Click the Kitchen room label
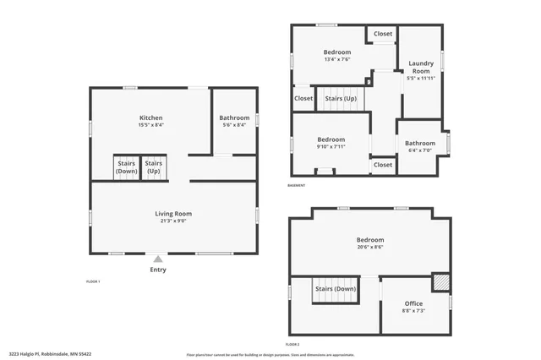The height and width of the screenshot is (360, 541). point(150,117)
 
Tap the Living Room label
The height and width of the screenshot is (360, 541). point(172,214)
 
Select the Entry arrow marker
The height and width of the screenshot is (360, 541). point(158,259)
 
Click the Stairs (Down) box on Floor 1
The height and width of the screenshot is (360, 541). point(127,166)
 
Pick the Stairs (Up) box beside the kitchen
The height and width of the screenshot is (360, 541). point(153,166)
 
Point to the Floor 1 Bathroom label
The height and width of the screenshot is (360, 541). point(234,117)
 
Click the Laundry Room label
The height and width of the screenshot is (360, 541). point(420,68)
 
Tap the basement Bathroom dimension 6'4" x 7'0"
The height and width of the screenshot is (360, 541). point(421,151)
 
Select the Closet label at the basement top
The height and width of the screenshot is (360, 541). point(383,34)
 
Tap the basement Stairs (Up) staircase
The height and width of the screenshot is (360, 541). point(341,98)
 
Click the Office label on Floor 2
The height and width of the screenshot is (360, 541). point(413,303)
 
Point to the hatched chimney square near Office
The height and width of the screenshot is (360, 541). point(440,282)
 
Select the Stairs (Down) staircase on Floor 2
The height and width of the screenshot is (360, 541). point(336,289)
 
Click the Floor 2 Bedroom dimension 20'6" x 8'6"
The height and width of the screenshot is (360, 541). point(369,248)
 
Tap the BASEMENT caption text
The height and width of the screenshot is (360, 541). point(296,185)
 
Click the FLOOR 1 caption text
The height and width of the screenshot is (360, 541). point(93,281)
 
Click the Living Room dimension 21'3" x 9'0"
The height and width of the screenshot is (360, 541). point(172,221)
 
